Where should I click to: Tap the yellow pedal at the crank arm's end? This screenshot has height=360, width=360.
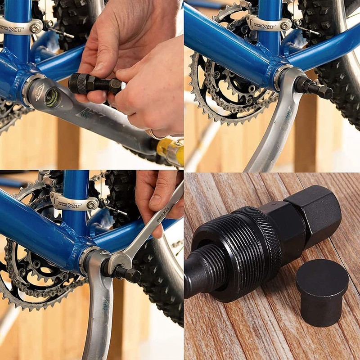[x=171, y=151]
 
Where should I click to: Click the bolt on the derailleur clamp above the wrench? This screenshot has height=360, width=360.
[x=92, y=205]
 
